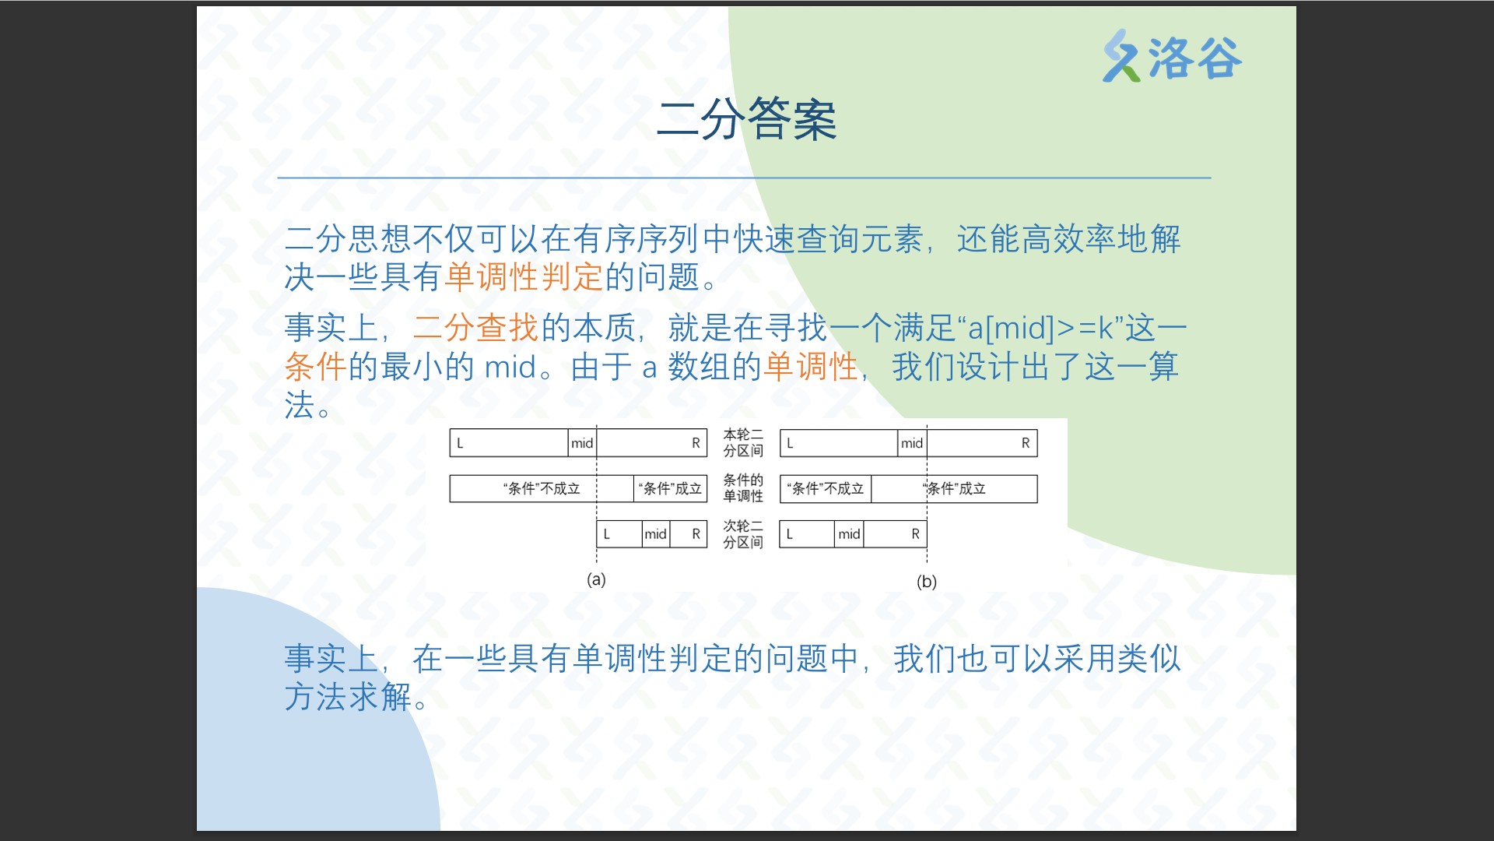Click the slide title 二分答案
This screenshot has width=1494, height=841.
[x=746, y=120]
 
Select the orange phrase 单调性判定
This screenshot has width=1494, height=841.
[x=524, y=276]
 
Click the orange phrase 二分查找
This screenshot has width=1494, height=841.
[x=475, y=328]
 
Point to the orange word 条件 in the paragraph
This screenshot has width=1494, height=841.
[x=315, y=366]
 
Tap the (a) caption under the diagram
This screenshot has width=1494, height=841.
[x=596, y=579]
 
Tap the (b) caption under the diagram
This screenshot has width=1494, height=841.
[x=926, y=582]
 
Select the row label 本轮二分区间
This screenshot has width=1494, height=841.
[x=743, y=442]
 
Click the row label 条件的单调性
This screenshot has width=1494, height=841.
[x=743, y=488]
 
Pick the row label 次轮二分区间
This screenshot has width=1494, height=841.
[x=743, y=534]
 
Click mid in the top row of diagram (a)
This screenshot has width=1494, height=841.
[x=582, y=443]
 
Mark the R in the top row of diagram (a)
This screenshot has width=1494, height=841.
[x=696, y=443]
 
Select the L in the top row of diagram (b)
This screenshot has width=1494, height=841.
[x=790, y=443]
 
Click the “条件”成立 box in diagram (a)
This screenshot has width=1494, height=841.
[x=670, y=489]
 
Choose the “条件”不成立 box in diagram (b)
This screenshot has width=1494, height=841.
[x=826, y=489]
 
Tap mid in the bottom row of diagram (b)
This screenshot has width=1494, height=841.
[x=849, y=534]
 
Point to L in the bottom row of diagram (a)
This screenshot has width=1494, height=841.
[x=607, y=534]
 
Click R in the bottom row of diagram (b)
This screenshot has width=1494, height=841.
[x=915, y=534]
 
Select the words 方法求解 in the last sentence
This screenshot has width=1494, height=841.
[x=348, y=697]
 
